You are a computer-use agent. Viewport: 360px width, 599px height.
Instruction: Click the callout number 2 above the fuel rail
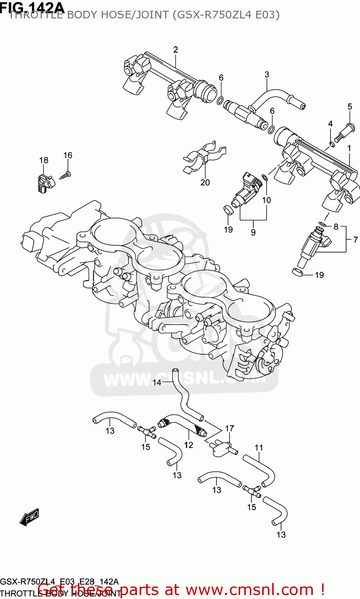click(x=176, y=50)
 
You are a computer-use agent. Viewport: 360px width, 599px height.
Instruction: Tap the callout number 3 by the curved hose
click(x=267, y=75)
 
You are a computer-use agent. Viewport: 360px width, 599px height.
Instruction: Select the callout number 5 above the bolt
click(x=350, y=107)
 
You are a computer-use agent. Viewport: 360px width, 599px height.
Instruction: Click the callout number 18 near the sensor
click(x=44, y=160)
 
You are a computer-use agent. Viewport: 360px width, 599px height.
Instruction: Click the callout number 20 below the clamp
click(x=205, y=182)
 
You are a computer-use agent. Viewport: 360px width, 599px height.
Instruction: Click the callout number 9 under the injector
click(x=253, y=232)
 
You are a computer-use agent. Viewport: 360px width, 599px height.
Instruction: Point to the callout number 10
click(x=266, y=200)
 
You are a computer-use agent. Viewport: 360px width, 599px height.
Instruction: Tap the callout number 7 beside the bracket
click(x=355, y=240)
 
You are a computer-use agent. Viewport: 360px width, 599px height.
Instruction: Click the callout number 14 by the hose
click(x=157, y=383)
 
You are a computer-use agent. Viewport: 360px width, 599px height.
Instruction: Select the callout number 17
click(x=229, y=428)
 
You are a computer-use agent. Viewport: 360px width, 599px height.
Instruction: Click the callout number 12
click(x=188, y=445)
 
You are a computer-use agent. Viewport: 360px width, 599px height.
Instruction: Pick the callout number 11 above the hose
click(x=259, y=448)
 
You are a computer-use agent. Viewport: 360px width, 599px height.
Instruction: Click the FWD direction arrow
click(x=29, y=517)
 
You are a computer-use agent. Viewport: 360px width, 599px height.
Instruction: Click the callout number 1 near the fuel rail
click(x=349, y=148)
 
